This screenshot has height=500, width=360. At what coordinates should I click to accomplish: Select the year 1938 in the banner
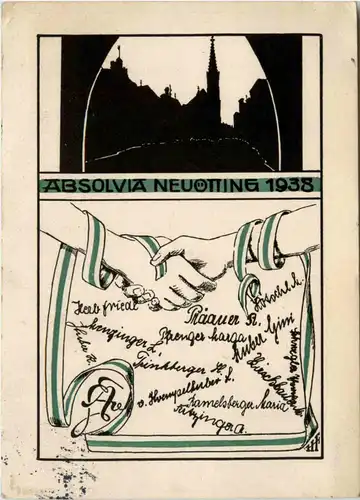coord(291,186)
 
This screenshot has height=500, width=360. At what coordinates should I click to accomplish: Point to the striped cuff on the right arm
coord(258,244)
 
